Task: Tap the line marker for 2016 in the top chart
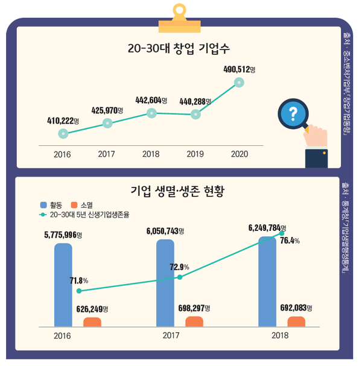[63, 133]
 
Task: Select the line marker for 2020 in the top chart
[239, 83]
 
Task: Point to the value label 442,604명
[151, 99]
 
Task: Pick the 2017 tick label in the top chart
[107, 154]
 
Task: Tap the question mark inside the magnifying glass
[294, 113]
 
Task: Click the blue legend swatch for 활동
[43, 204]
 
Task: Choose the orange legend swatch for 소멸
[75, 204]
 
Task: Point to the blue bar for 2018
[267, 280]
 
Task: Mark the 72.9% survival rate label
[179, 267]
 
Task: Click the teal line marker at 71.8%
[79, 291]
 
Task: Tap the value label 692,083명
[296, 308]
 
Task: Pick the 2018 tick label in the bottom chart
[279, 336]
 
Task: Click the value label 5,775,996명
[66, 235]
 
